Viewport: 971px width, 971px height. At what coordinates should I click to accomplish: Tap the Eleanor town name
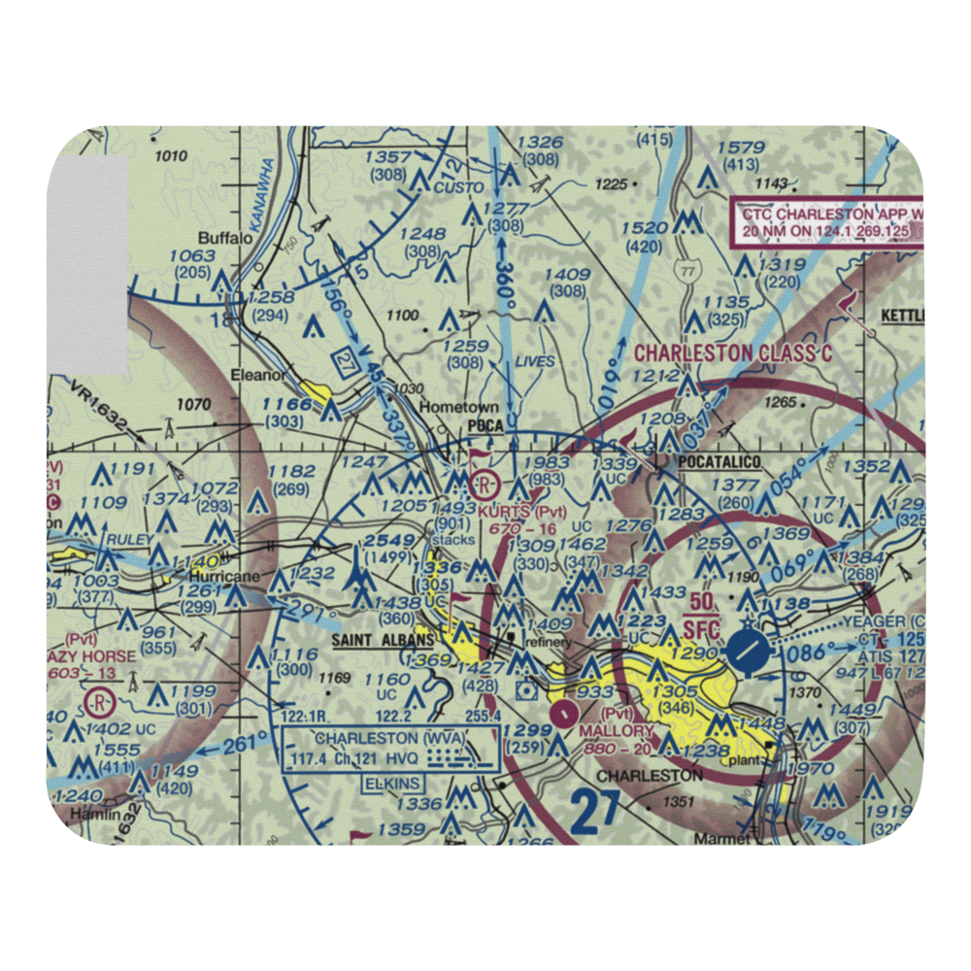256,374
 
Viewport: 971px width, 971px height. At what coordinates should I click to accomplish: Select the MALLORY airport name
617,730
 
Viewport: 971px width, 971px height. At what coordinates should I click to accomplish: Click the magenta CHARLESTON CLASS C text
733,352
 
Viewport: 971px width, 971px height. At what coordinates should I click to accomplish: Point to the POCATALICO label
720,461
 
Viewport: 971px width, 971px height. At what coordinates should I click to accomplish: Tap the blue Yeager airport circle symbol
750,652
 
